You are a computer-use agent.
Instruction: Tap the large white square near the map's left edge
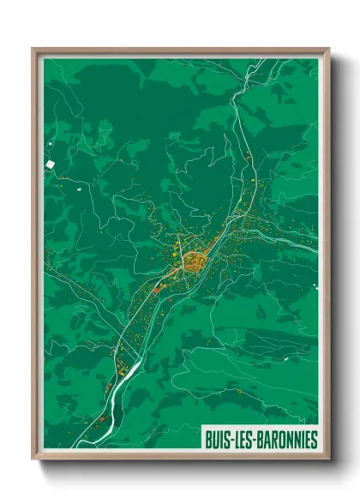coord(51,162)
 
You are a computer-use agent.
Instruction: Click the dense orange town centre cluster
coord(192,260)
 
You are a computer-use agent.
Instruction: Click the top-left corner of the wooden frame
coord(33,49)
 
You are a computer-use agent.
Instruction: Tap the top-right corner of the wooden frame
coord(328,49)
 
